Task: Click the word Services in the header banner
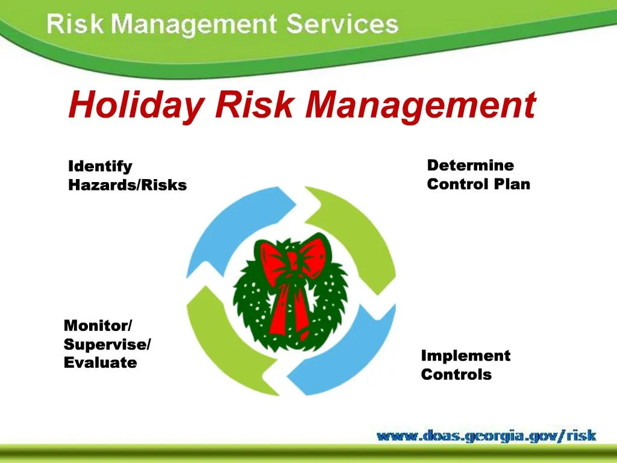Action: coord(342,25)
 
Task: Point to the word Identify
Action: coord(100,166)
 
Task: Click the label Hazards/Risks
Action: coord(127,185)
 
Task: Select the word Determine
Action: coord(470,165)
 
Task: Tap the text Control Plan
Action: coord(478,184)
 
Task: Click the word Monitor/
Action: coord(98,326)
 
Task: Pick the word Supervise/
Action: coord(107,344)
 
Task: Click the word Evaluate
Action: coord(100,363)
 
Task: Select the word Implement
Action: coord(465,356)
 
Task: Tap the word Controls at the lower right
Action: coord(456,374)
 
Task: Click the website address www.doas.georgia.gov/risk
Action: coord(486,435)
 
